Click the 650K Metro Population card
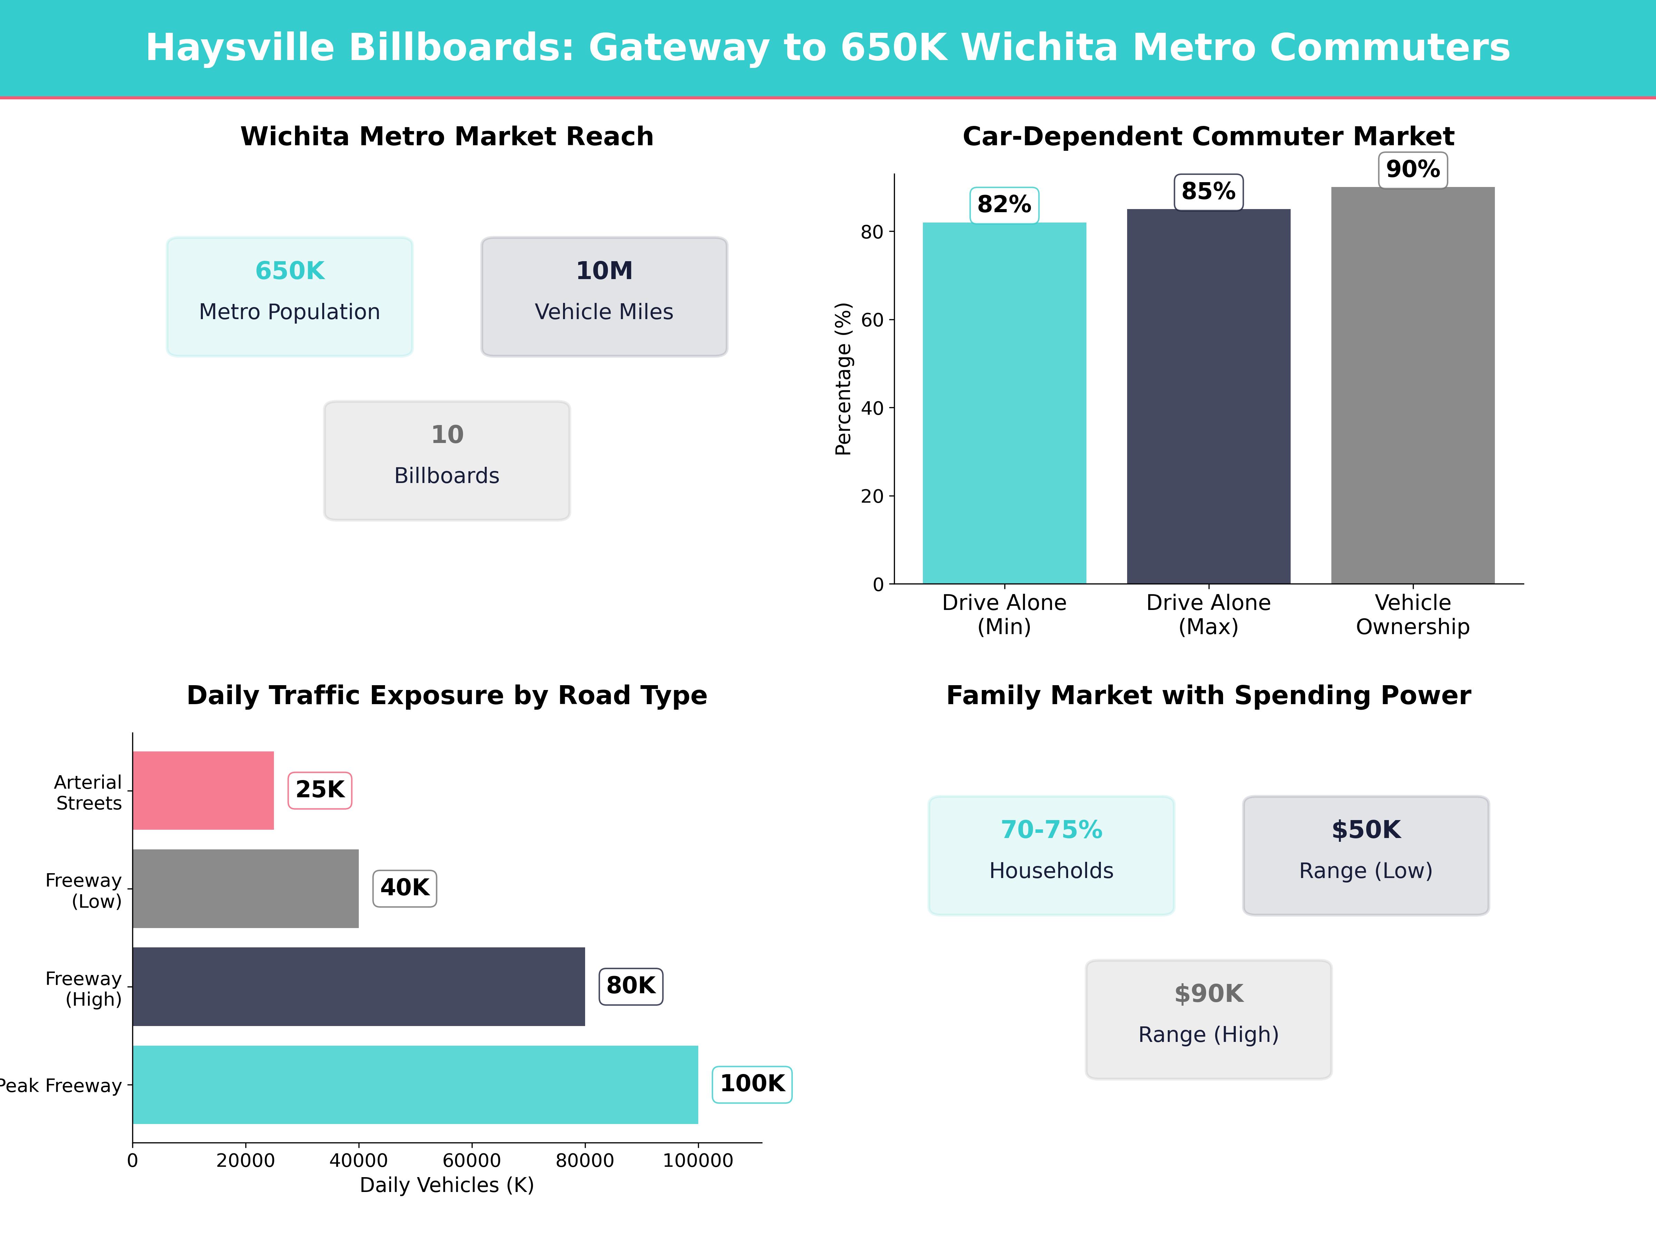coord(290,296)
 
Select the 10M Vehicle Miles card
coord(604,296)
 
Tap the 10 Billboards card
coord(447,461)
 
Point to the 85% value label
coord(1208,192)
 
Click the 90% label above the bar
coord(1413,169)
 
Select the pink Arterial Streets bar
coord(203,791)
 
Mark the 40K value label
coord(404,888)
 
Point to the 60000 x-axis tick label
coord(472,1160)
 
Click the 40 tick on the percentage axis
coord(872,408)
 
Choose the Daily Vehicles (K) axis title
coord(447,1185)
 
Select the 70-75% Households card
coord(1051,855)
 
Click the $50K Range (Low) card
coord(1366,855)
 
